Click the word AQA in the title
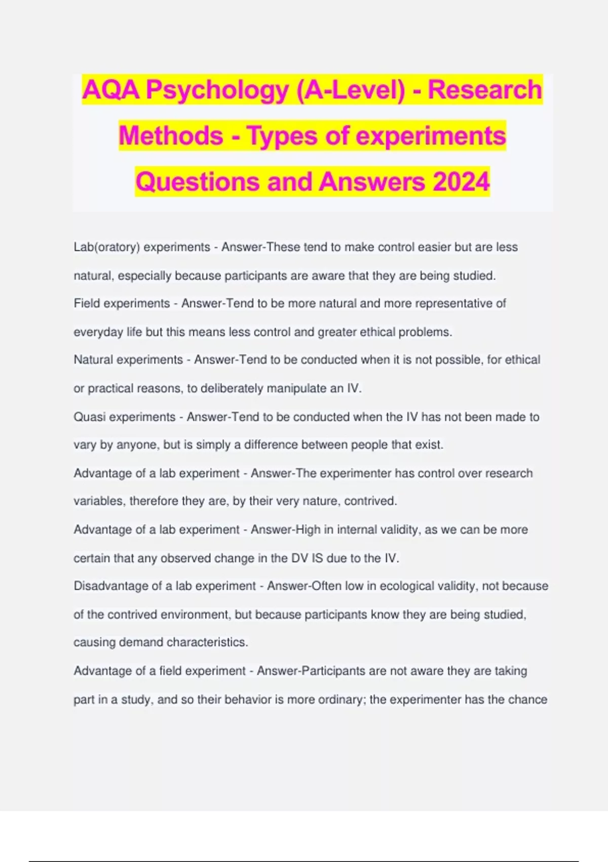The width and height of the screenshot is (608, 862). pos(111,90)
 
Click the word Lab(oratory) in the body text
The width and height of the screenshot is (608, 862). pos(107,247)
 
